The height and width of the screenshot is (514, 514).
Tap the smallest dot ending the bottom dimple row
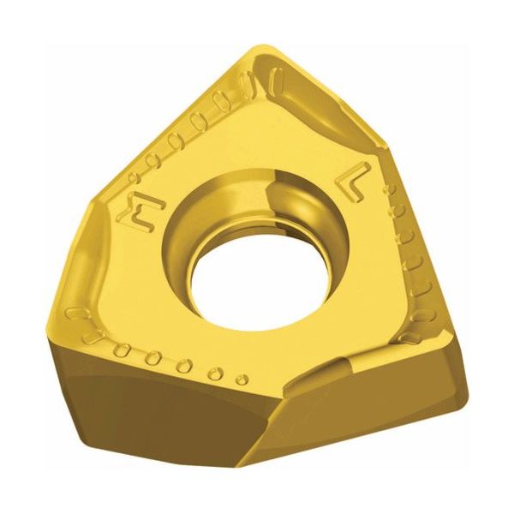coord(242,379)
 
